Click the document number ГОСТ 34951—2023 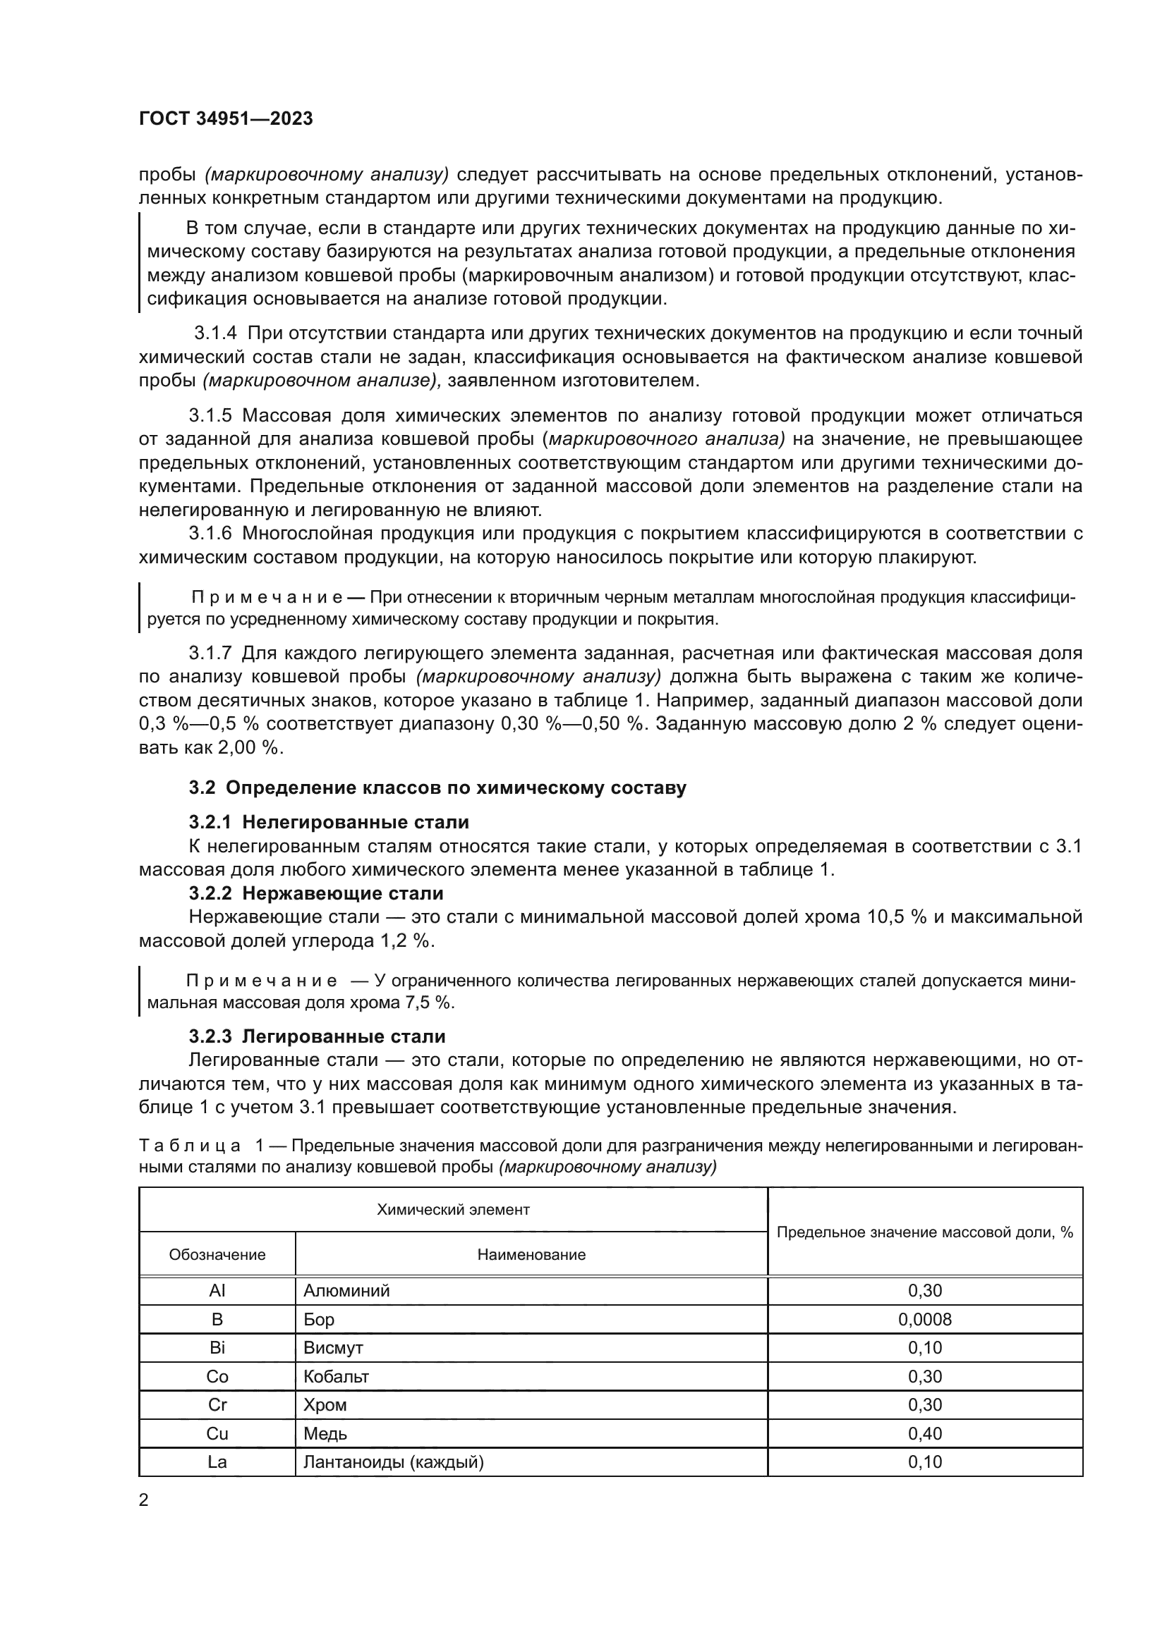pos(226,119)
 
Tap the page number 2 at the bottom pos(144,1500)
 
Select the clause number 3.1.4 pos(216,334)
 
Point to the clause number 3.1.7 pos(210,654)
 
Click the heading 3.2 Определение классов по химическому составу pos(437,788)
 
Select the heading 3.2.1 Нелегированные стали pos(328,822)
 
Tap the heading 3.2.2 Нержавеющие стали pos(316,893)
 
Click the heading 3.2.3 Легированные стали pos(317,1036)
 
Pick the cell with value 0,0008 pos(924,1319)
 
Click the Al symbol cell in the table pos(217,1291)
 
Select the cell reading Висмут pos(333,1348)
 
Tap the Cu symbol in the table pos(217,1433)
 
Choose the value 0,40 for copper pos(924,1433)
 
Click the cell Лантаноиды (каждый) pos(393,1461)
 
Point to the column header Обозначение pos(217,1255)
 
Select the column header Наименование pos(531,1255)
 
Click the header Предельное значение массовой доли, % pos(924,1232)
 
